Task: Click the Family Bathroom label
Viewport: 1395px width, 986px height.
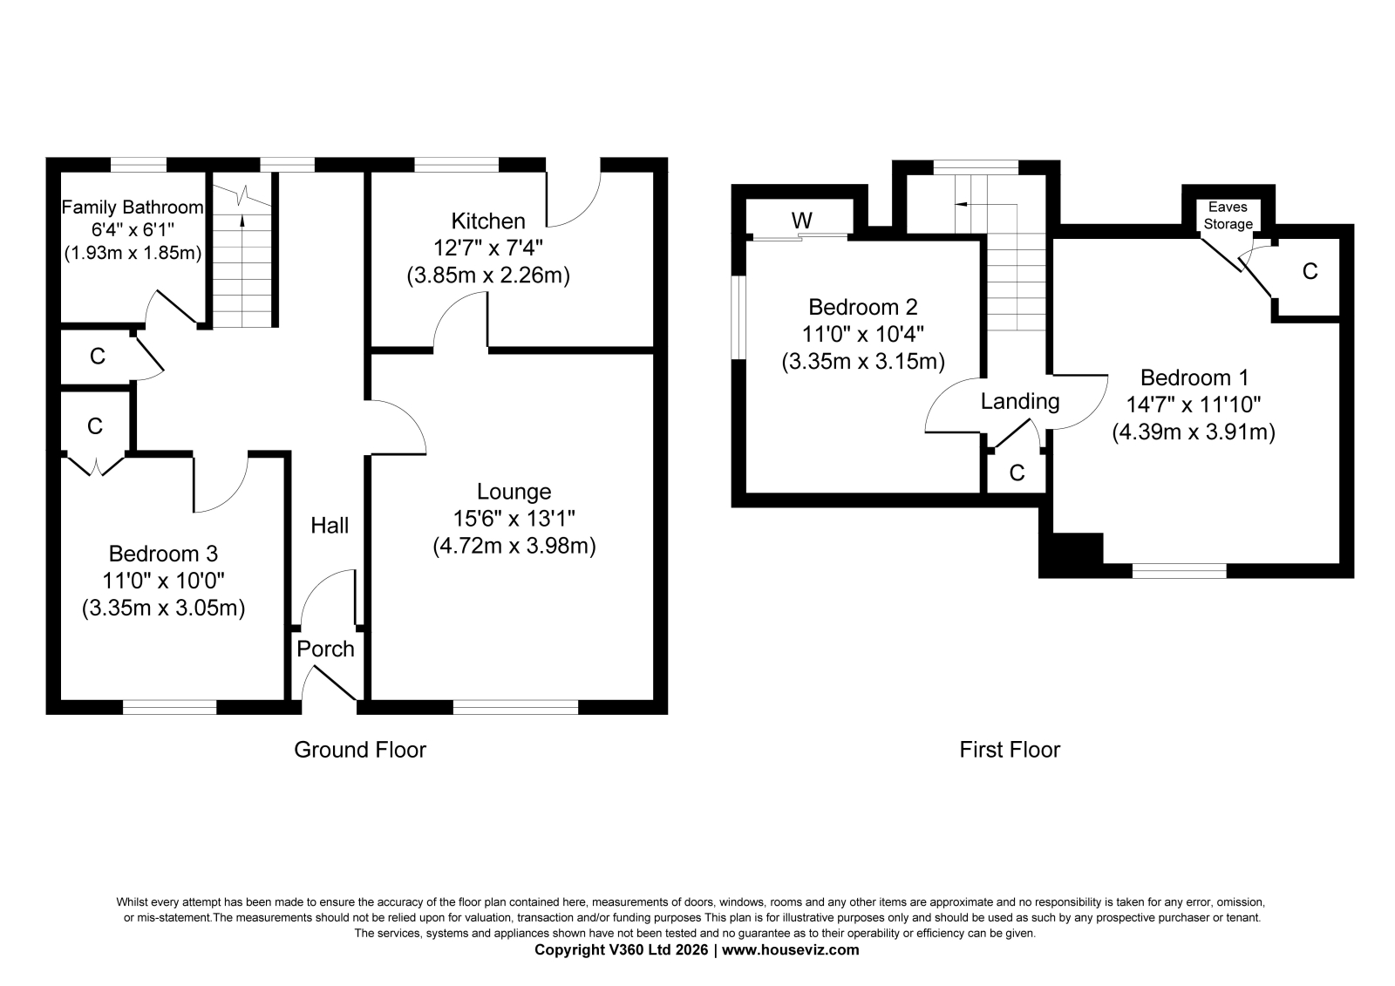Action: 132,207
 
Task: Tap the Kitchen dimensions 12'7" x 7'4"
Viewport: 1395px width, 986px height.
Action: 488,248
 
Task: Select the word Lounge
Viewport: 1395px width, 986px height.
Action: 514,492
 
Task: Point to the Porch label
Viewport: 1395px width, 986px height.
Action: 325,649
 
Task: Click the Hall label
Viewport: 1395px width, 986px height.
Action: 330,526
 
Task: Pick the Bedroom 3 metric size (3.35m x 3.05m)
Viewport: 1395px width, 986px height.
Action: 163,608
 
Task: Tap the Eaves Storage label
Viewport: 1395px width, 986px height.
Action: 1228,215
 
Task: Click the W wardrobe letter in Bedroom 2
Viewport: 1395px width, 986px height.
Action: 802,220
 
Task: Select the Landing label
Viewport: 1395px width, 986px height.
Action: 1020,402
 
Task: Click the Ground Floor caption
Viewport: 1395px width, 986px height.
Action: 360,750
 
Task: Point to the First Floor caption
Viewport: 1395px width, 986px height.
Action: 1010,750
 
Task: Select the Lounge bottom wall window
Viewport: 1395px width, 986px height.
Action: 515,707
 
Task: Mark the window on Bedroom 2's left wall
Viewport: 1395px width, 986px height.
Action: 738,317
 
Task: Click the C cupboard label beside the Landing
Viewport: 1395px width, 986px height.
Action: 1017,473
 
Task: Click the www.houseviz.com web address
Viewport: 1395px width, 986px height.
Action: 790,950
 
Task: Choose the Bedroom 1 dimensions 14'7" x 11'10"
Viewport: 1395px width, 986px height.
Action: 1194,405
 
